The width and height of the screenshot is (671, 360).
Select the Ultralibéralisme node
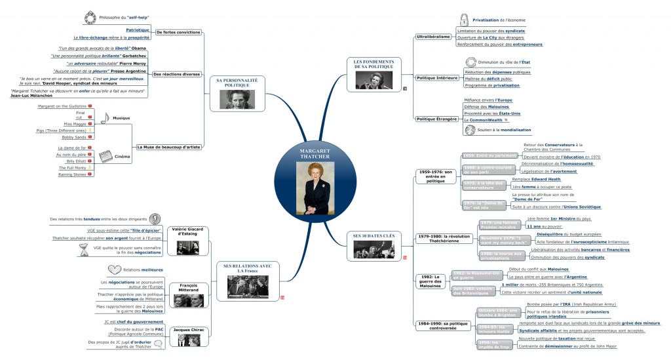[x=433, y=37]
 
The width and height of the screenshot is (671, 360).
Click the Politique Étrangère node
[x=437, y=119]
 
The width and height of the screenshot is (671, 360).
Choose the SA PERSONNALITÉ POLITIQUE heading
[x=237, y=83]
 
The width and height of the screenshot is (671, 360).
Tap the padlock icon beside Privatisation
[x=464, y=20]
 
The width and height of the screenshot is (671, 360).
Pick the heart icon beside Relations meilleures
[x=114, y=270]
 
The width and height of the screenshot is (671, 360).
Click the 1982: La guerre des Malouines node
[x=430, y=281]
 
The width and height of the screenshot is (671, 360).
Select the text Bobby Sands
[x=73, y=138]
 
